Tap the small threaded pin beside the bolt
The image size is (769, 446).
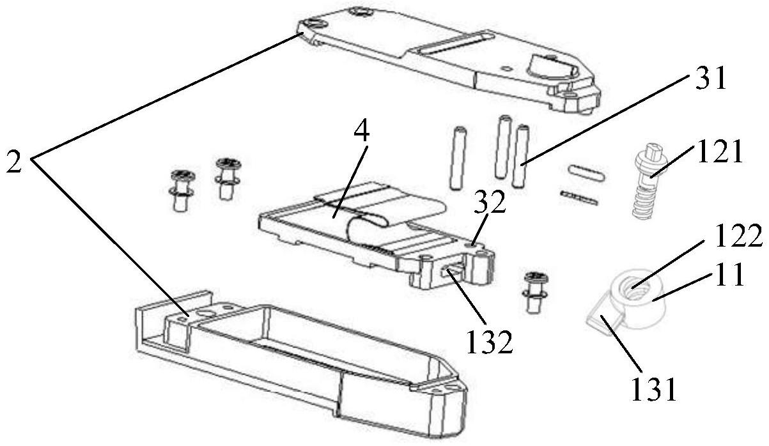[x=580, y=198]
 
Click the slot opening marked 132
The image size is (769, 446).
[x=453, y=274]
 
